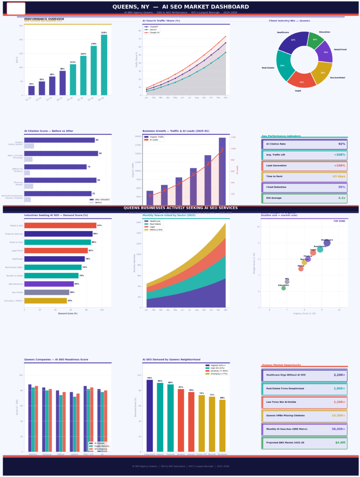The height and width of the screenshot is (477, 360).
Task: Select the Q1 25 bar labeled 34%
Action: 31,90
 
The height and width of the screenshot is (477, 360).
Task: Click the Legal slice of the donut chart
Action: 301,81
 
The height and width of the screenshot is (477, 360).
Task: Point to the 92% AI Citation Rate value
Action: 341,144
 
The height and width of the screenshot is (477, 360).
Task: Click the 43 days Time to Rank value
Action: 339,177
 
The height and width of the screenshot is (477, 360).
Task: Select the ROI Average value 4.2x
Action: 341,198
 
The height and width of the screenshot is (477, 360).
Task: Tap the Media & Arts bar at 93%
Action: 60,225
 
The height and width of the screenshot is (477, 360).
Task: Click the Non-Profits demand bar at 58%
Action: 47,292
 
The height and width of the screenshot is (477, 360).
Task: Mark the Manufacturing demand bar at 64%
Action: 49,284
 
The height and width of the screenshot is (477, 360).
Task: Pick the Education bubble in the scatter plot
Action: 284,288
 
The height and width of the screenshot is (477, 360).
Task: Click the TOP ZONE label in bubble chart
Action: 339,221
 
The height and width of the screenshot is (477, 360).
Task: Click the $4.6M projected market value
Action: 340,443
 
